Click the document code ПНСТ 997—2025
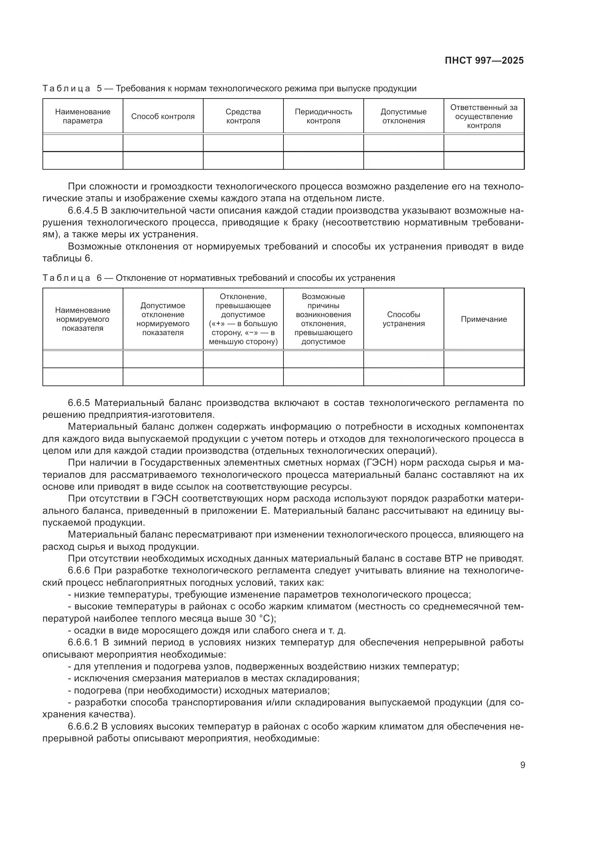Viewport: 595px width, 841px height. (x=484, y=61)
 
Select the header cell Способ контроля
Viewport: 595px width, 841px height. (x=163, y=116)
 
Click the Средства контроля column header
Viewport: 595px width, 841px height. (x=243, y=116)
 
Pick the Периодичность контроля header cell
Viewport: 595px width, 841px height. (x=323, y=116)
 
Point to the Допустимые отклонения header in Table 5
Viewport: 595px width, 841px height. (x=403, y=116)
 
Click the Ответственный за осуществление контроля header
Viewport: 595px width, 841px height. (x=483, y=116)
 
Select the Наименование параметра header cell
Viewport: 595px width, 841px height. (x=83, y=116)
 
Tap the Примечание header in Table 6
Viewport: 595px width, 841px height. (x=483, y=319)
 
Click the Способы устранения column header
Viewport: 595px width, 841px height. (x=403, y=319)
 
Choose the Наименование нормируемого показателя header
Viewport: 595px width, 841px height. (x=83, y=319)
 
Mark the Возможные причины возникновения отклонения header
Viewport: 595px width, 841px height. (x=323, y=319)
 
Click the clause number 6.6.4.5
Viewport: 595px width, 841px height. (x=85, y=211)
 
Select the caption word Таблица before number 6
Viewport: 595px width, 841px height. (x=66, y=278)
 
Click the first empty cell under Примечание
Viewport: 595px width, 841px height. (x=483, y=359)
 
